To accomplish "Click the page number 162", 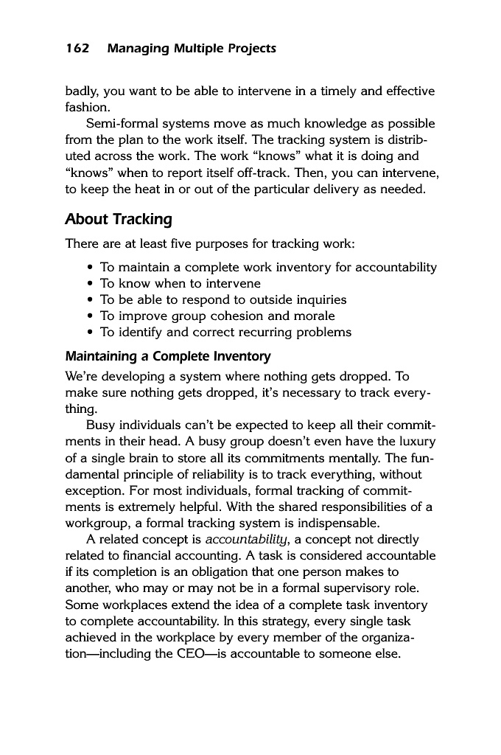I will coord(77,49).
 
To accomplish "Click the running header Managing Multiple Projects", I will coord(192,49).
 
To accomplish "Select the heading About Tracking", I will coord(119,219).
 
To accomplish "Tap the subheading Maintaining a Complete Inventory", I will coord(168,356).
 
